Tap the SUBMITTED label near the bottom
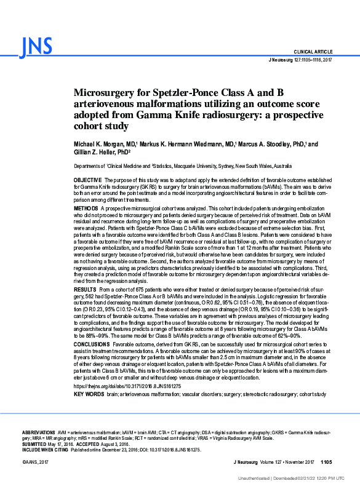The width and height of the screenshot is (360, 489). coord(34,444)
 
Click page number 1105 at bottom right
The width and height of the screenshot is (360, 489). coord(326,461)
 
